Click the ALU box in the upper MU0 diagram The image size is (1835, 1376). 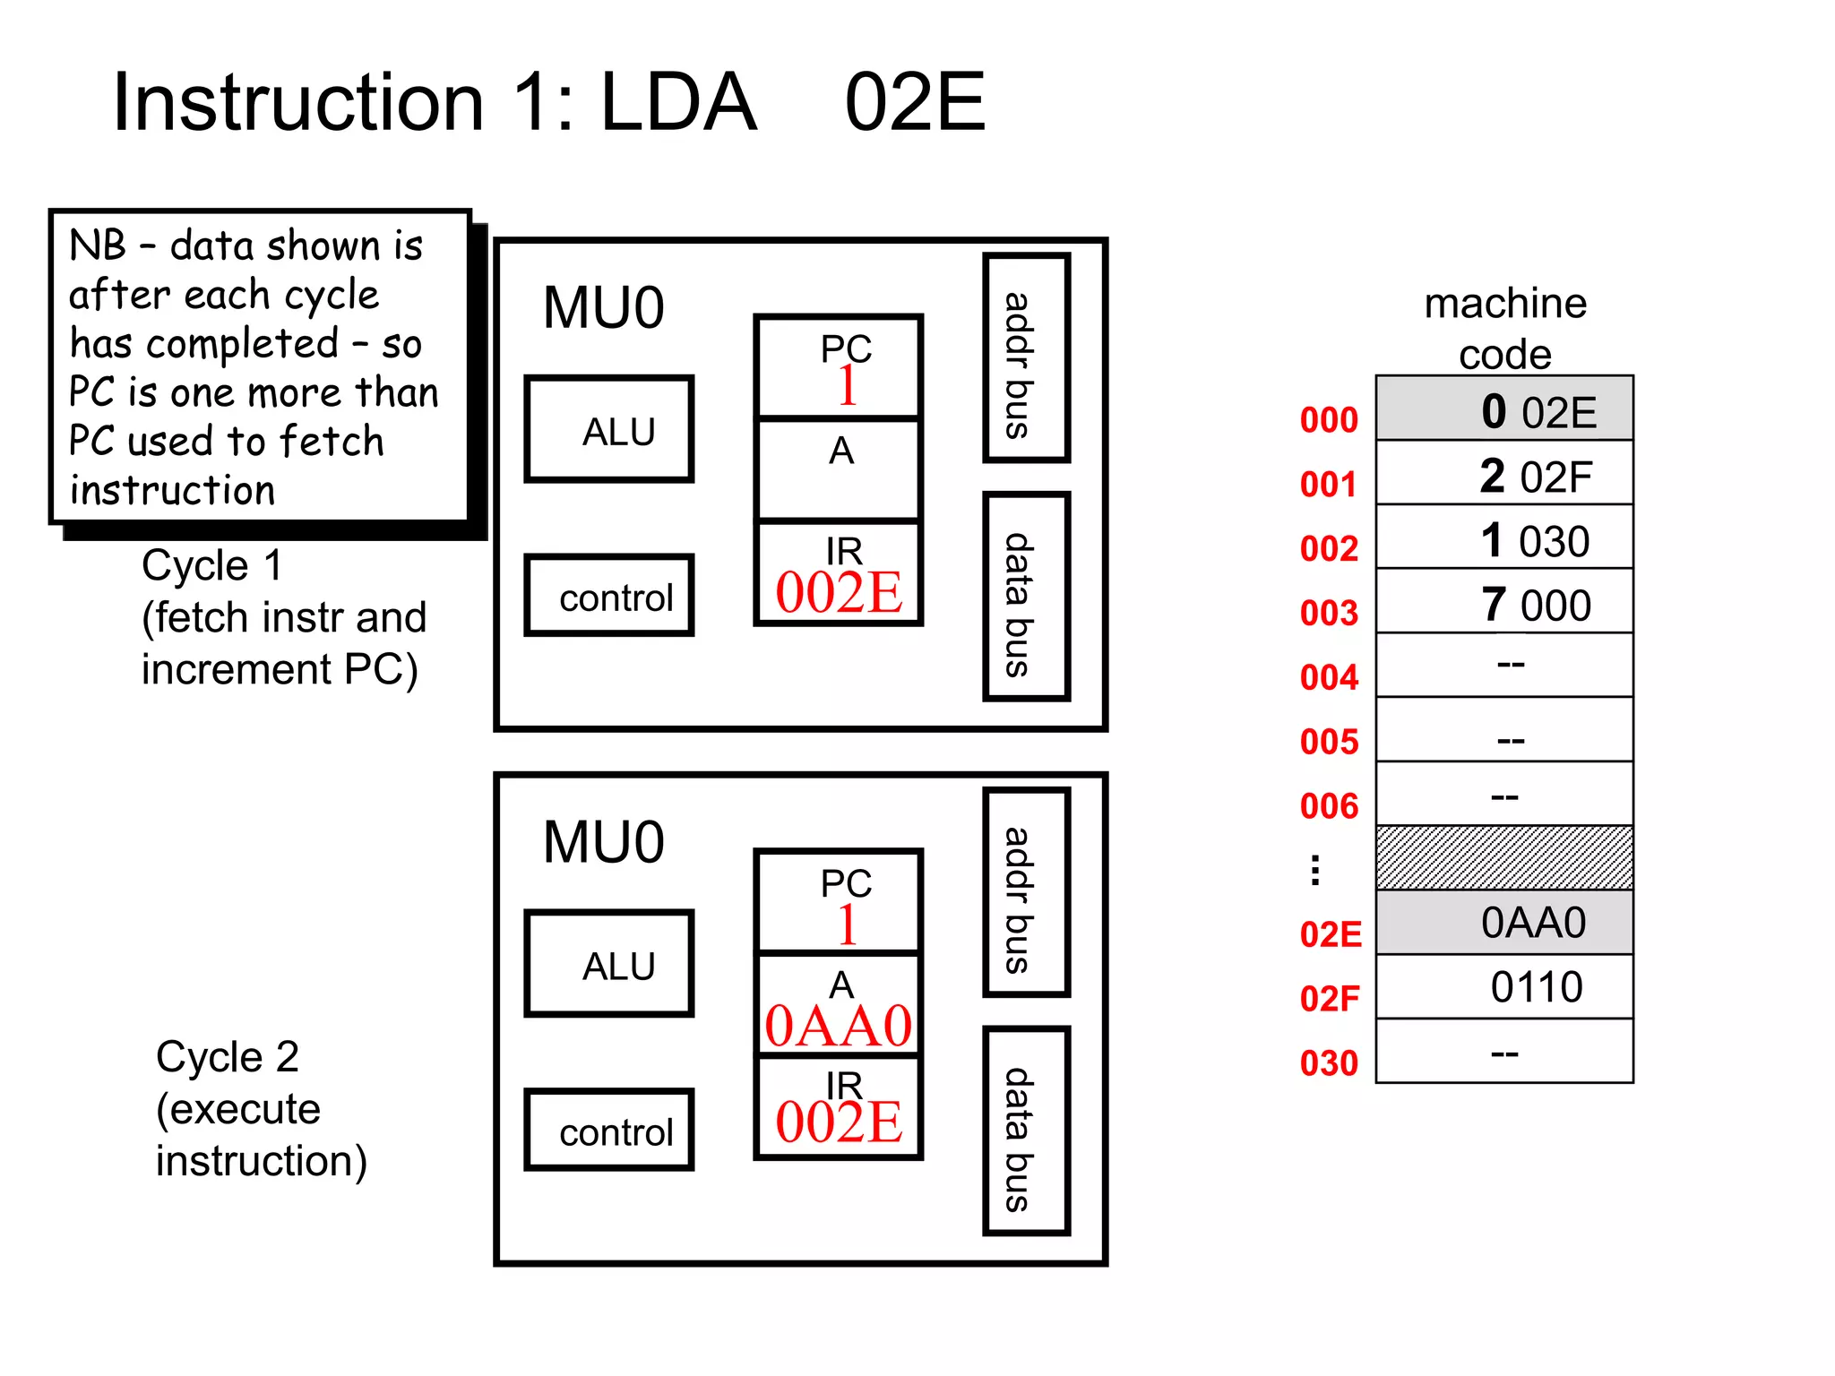pyautogui.click(x=609, y=429)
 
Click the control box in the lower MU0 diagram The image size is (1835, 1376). pyautogui.click(x=609, y=1130)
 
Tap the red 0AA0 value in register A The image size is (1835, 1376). pyautogui.click(x=839, y=1026)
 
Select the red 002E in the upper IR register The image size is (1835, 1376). pyautogui.click(x=839, y=592)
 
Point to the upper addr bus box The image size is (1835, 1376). pyautogui.click(x=1026, y=358)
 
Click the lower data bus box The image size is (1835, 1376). pyautogui.click(x=1026, y=1131)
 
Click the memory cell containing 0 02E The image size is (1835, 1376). pyautogui.click(x=1504, y=409)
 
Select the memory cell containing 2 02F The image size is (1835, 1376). pyautogui.click(x=1504, y=474)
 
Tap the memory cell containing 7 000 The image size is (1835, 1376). pyautogui.click(x=1504, y=603)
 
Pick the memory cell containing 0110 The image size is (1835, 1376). pyautogui.click(x=1504, y=986)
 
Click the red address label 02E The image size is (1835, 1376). pyautogui.click(x=1331, y=934)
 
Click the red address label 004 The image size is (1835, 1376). pyautogui.click(x=1330, y=677)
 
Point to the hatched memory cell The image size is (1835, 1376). pyautogui.click(x=1504, y=857)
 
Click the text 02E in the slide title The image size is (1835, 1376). pyautogui.click(x=915, y=102)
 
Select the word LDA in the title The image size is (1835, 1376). pyautogui.click(x=678, y=102)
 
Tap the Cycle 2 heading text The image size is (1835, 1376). pyautogui.click(x=228, y=1056)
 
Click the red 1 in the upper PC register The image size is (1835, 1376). pyautogui.click(x=847, y=386)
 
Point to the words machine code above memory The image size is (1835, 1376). pyautogui.click(x=1505, y=328)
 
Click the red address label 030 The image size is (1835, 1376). pyautogui.click(x=1330, y=1063)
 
